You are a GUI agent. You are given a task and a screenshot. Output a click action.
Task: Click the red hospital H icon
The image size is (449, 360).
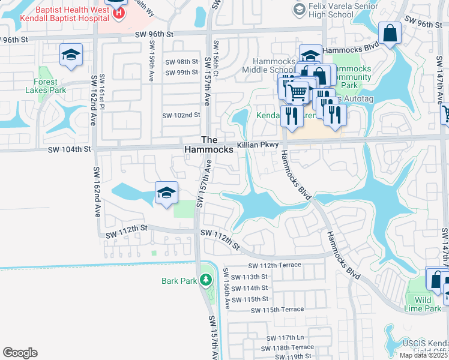(120, 11)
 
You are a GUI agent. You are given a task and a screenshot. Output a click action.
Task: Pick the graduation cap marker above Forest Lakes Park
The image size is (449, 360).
(71, 56)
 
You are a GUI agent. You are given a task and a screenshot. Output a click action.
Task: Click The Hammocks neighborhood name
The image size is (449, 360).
(208, 144)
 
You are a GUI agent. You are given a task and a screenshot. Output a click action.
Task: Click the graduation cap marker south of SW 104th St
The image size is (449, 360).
(166, 193)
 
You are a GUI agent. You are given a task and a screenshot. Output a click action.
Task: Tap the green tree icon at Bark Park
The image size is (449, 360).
(206, 280)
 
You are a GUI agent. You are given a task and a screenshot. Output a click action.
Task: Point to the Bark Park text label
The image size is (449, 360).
(178, 281)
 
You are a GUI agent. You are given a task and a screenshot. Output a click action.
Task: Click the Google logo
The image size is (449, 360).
(20, 352)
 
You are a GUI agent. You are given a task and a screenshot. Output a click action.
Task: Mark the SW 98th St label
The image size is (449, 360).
(181, 62)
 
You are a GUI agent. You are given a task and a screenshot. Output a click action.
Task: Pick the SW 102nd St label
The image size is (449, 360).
(181, 115)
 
